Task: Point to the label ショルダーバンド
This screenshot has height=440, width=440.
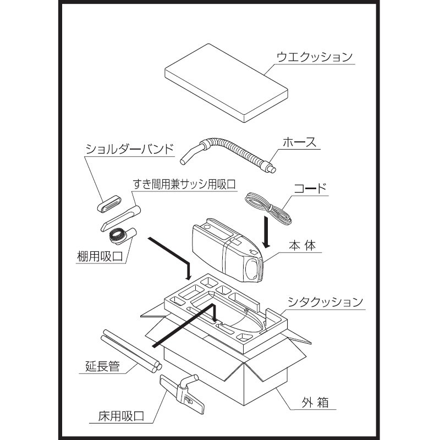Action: click(x=130, y=149)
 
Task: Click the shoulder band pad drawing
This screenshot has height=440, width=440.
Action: click(x=110, y=204)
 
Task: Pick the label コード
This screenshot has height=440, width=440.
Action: click(x=311, y=189)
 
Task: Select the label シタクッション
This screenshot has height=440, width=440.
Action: click(x=326, y=302)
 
